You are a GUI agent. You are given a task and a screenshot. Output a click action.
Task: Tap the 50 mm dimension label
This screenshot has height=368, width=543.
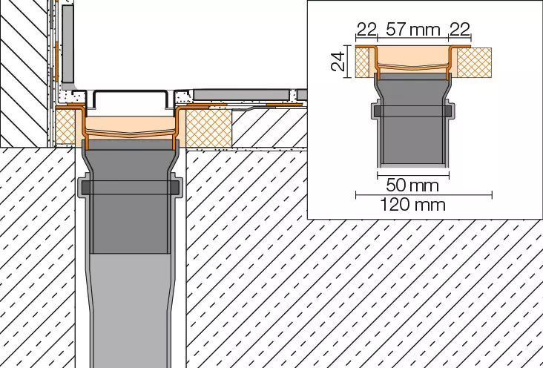(x=412, y=185)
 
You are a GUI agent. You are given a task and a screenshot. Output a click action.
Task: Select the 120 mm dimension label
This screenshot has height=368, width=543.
(x=412, y=205)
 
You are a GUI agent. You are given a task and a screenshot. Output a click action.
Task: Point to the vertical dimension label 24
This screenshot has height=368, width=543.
(x=338, y=62)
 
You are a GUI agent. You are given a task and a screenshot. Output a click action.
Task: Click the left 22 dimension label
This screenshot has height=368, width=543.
(x=366, y=30)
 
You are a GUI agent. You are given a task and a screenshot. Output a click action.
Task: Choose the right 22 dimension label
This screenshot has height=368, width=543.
(x=460, y=30)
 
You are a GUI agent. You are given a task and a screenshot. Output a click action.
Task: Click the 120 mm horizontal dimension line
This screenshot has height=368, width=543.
(x=424, y=195)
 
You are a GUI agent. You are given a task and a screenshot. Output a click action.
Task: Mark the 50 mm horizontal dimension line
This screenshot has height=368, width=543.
(x=413, y=175)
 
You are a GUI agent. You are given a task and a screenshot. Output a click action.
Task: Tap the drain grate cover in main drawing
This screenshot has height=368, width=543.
(x=131, y=98)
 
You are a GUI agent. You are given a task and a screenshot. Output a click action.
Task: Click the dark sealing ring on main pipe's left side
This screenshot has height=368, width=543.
(x=86, y=188)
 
